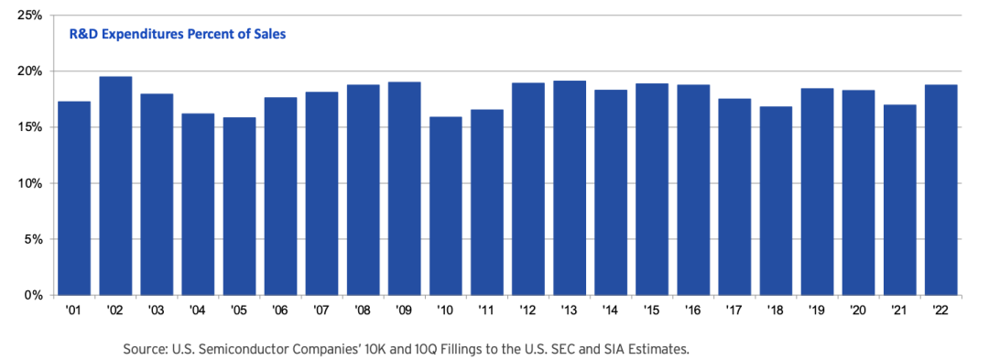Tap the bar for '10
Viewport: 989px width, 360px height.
pos(445,206)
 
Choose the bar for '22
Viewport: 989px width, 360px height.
pos(940,190)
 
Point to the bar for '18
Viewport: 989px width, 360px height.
pos(776,202)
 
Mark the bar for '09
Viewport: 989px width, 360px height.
pos(404,189)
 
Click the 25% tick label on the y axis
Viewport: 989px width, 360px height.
pos(29,16)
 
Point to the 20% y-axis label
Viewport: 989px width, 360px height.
pos(29,71)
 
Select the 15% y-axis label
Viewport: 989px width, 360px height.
pos(29,127)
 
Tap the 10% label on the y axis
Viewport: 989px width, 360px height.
pos(29,183)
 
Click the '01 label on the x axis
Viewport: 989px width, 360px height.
pos(74,310)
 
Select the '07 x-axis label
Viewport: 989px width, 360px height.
pos(321,310)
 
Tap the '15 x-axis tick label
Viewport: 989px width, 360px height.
pos(652,310)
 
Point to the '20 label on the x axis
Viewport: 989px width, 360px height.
pos(858,310)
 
